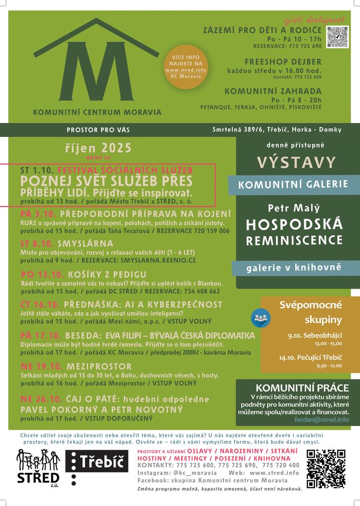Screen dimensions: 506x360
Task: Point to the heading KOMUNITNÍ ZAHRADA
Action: click(273, 91)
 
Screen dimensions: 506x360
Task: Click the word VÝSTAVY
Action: click(296, 162)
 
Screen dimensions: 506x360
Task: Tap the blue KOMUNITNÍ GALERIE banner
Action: click(293, 185)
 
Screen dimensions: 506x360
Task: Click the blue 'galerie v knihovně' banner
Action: click(294, 268)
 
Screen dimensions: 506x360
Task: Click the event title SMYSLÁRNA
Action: click(86, 243)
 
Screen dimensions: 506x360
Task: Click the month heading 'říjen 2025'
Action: click(98, 147)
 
